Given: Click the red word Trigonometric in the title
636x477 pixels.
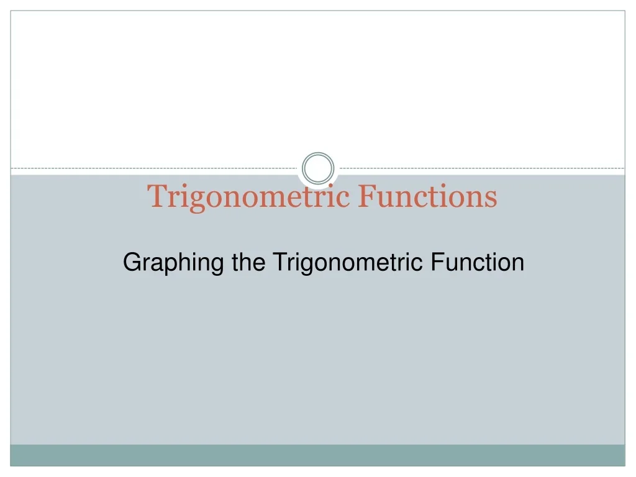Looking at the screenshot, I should [249, 196].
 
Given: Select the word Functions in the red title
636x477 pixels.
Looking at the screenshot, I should [428, 196].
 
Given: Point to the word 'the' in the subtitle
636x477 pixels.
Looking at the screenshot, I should [248, 262].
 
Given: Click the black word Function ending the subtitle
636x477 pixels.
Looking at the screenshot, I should [477, 262].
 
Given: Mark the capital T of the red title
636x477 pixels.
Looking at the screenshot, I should [155, 196].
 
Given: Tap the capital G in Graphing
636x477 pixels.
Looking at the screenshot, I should [130, 262].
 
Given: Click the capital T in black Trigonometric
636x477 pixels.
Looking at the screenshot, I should [279, 262].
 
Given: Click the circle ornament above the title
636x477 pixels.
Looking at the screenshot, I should [318, 168].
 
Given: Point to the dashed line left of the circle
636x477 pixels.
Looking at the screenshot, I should [155, 168].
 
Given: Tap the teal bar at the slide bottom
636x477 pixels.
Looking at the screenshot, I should [318, 455].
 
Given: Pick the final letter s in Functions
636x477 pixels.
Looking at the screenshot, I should [491, 198].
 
